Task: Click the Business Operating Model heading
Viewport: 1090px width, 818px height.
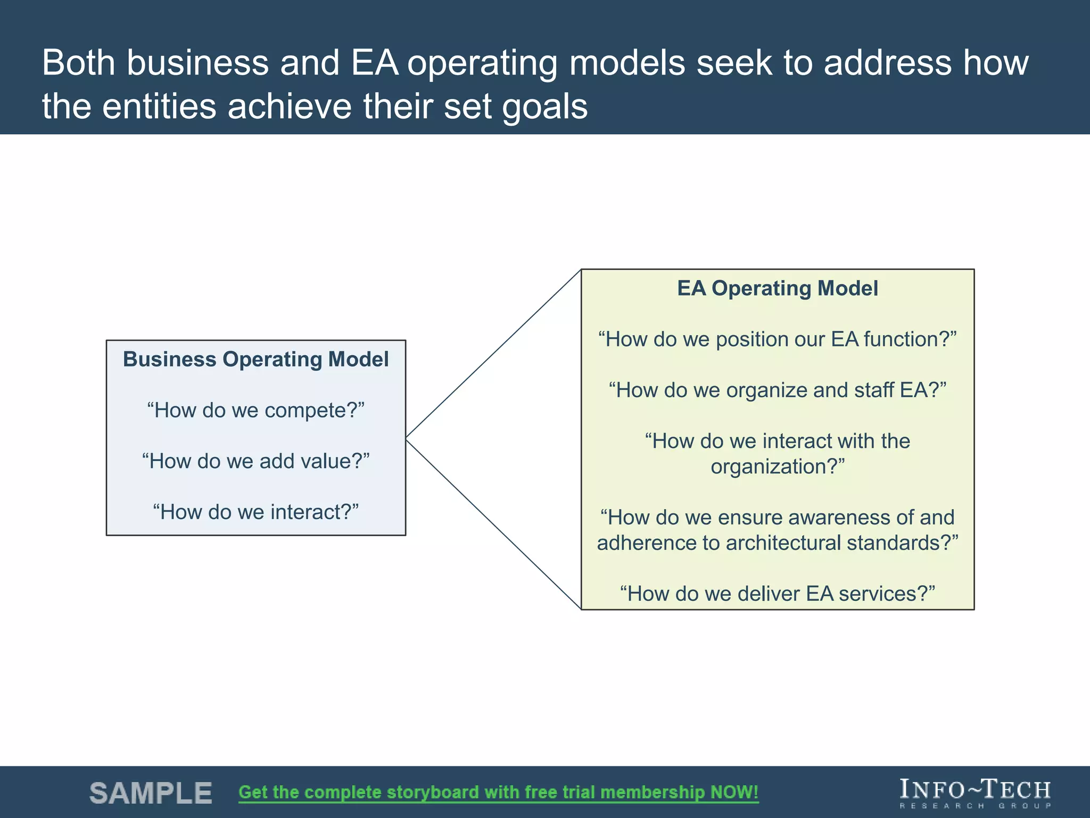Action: [255, 359]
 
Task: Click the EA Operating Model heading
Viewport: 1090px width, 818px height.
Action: [777, 288]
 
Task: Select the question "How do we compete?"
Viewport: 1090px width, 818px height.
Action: [255, 411]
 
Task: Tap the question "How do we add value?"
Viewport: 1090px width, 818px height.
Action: [255, 461]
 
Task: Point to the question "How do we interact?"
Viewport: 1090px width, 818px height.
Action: [255, 512]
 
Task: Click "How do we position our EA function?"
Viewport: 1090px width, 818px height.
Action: [777, 339]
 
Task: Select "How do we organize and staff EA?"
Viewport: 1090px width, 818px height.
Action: [777, 390]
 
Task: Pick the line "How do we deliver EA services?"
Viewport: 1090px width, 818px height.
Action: [777, 594]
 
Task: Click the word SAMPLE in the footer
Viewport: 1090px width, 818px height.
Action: [151, 793]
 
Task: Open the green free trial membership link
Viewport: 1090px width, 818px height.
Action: [498, 792]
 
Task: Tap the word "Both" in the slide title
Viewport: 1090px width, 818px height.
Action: [78, 63]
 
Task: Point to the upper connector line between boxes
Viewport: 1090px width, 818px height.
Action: [493, 354]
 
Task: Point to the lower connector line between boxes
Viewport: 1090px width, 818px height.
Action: [493, 524]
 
